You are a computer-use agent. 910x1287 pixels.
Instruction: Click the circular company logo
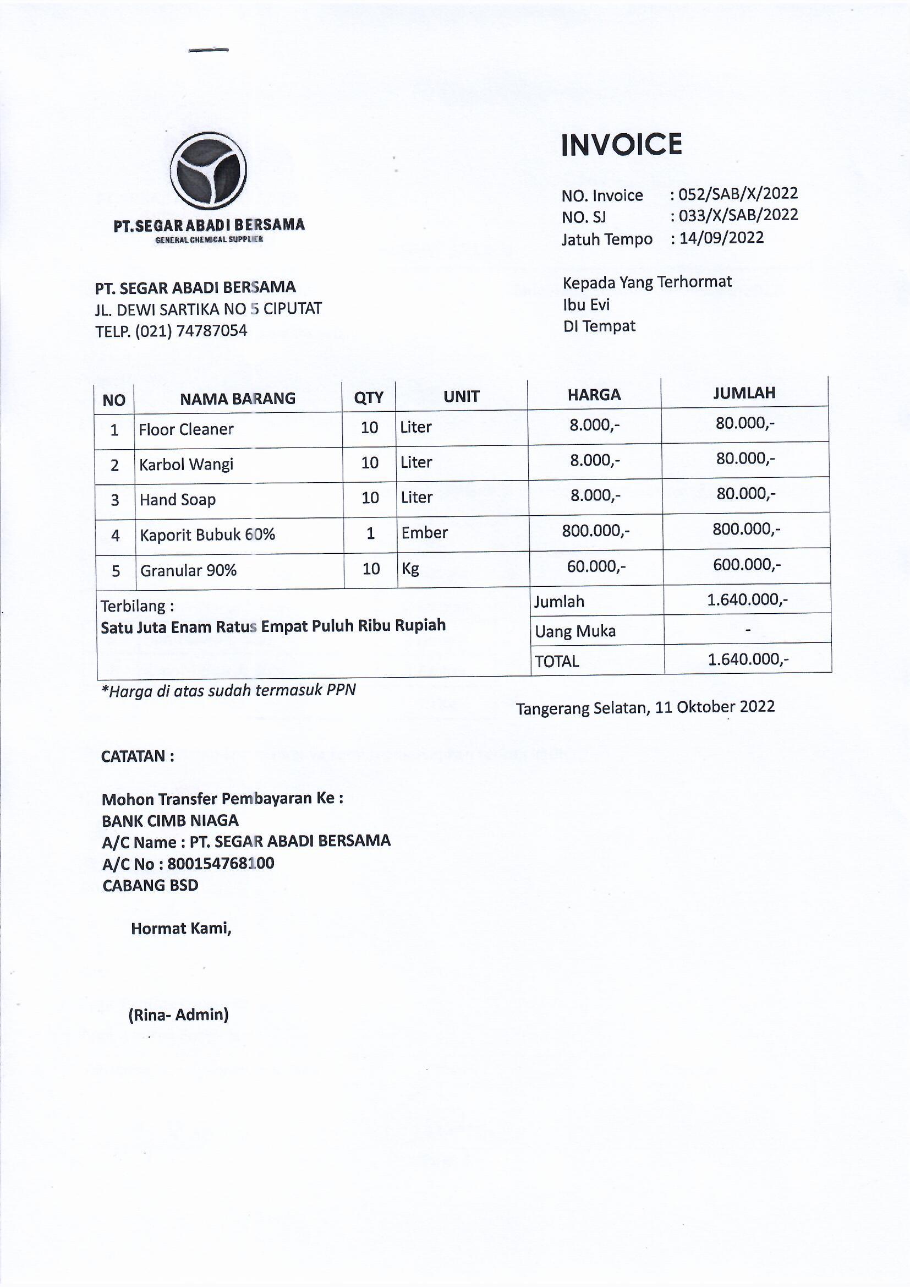click(x=209, y=171)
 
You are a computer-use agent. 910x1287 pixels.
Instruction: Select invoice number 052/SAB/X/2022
click(x=738, y=194)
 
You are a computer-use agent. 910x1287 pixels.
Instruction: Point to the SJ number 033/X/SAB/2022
click(x=738, y=215)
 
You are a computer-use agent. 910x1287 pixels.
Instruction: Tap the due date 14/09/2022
click(x=721, y=238)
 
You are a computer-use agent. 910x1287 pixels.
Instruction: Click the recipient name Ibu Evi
click(x=586, y=304)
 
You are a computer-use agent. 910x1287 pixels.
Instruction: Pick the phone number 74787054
click(x=212, y=331)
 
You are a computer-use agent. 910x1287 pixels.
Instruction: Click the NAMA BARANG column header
click(x=238, y=399)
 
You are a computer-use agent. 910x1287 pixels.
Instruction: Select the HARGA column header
click(x=594, y=395)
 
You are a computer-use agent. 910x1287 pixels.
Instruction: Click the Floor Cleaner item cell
click(x=186, y=429)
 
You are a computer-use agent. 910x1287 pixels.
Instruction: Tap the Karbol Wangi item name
click(x=186, y=465)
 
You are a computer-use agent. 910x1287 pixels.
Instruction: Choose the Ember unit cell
click(x=424, y=532)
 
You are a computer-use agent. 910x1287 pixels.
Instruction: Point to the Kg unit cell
click(x=410, y=569)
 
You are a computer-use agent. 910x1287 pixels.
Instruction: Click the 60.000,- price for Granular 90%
click(x=596, y=566)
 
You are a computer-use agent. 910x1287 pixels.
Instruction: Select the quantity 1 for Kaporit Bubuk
click(x=370, y=533)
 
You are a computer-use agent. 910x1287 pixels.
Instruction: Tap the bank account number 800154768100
click(x=221, y=863)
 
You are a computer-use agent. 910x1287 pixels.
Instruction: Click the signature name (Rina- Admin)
click(x=179, y=1015)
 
